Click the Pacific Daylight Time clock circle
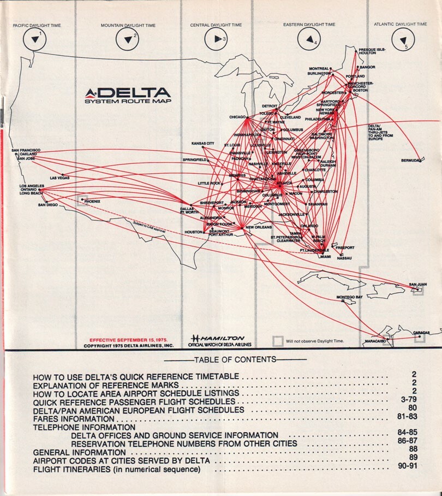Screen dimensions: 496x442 (x=36, y=38)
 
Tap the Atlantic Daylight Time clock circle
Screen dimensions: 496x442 (x=403, y=38)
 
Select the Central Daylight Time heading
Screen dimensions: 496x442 (x=216, y=25)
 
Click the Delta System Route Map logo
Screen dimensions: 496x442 (x=128, y=95)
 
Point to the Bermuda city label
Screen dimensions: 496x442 (x=411, y=161)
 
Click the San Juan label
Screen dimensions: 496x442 (x=418, y=285)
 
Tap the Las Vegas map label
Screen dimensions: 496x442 (x=59, y=178)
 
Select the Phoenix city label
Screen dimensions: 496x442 (x=92, y=201)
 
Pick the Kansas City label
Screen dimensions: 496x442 (x=202, y=144)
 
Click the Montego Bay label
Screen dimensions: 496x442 (x=349, y=297)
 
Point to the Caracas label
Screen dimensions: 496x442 (x=421, y=332)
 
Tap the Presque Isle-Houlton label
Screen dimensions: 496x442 (x=372, y=51)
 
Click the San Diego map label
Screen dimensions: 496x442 (x=48, y=205)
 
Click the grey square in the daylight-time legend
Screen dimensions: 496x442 (x=278, y=341)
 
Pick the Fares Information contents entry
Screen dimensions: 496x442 (x=74, y=418)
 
